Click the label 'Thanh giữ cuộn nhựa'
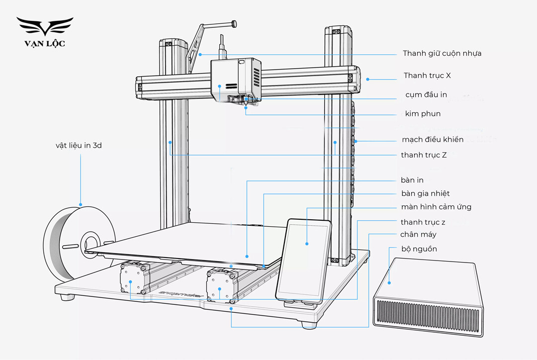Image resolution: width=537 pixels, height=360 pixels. click(x=442, y=53)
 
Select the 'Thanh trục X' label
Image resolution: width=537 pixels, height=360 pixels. click(x=427, y=76)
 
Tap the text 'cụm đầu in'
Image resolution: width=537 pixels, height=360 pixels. click(x=426, y=94)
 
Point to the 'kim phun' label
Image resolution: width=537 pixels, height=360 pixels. click(x=423, y=114)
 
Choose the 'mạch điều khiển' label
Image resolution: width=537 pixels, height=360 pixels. click(x=433, y=139)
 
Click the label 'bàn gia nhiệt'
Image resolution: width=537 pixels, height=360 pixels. click(x=425, y=193)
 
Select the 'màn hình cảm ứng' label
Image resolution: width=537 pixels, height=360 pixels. click(x=436, y=207)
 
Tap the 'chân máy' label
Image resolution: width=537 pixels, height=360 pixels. click(x=418, y=234)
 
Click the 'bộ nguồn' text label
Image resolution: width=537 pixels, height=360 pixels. click(x=419, y=249)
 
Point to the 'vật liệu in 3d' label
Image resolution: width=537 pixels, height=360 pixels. click(x=82, y=146)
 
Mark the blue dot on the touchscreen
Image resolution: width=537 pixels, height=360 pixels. click(x=307, y=244)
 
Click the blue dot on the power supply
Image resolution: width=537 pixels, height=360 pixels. click(x=389, y=283)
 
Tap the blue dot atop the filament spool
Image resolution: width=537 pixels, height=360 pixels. click(x=81, y=204)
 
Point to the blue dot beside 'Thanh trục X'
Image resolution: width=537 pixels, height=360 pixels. click(x=367, y=79)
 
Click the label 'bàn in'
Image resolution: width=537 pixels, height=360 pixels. click(x=412, y=180)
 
